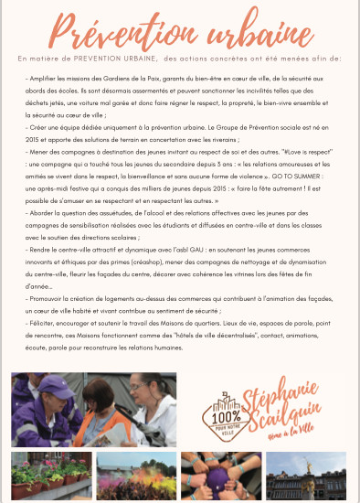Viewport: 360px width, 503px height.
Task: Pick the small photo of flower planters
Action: tap(49, 476)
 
